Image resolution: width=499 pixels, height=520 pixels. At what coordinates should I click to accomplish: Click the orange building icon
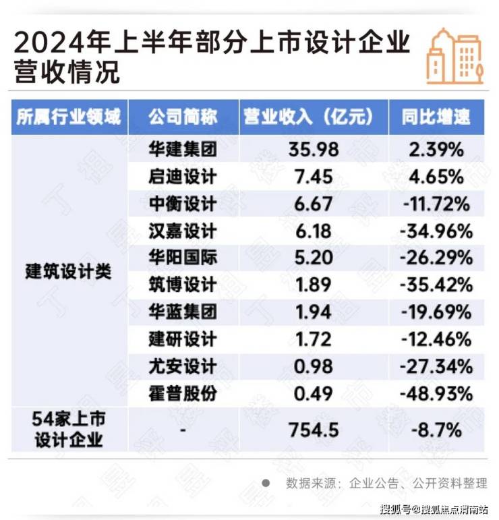coord(455,56)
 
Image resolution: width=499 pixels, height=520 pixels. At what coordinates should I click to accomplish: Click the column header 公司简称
coord(183,117)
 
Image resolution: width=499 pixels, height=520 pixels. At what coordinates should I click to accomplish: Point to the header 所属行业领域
coord(67,117)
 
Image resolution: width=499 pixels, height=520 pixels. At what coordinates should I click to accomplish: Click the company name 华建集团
coord(183,150)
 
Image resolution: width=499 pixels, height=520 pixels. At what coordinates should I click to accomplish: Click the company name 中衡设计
coord(183,204)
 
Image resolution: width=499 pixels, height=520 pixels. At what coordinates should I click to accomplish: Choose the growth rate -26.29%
coord(436,258)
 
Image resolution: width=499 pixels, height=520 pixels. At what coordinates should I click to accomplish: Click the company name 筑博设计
coord(183,284)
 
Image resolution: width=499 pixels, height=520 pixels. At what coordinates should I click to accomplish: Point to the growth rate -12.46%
coord(436,338)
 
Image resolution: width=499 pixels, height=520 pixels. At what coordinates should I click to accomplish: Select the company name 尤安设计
coord(183,365)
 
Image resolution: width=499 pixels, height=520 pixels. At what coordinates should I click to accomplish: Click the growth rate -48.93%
coord(436,392)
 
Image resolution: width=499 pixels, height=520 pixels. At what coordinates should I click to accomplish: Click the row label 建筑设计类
coord(67,272)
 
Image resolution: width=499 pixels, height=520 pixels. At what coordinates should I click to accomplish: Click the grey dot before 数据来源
coord(266,483)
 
